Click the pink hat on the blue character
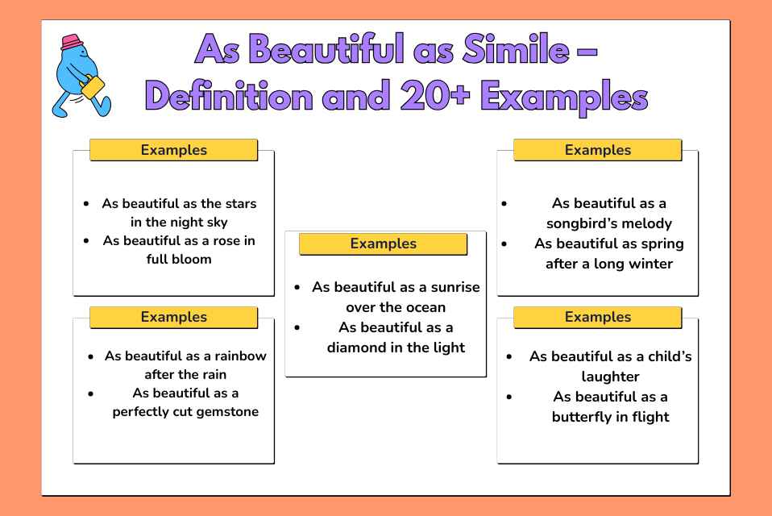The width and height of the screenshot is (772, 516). (x=73, y=42)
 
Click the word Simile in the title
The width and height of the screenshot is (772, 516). (x=516, y=49)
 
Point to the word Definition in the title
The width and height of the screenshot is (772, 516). (x=229, y=95)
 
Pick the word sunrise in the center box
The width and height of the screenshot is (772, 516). (x=455, y=287)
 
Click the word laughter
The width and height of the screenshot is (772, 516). (x=611, y=377)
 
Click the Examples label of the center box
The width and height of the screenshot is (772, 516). (x=383, y=243)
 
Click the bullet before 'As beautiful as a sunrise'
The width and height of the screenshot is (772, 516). (x=297, y=287)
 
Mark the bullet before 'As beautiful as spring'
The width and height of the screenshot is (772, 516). (x=504, y=243)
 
